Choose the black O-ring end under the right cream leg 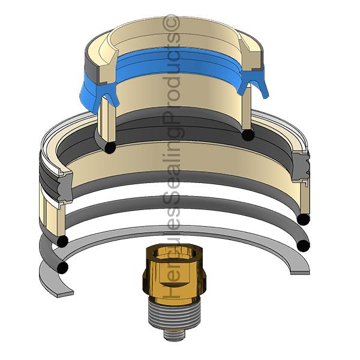pos(246,135)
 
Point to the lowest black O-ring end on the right pos(304,245)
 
